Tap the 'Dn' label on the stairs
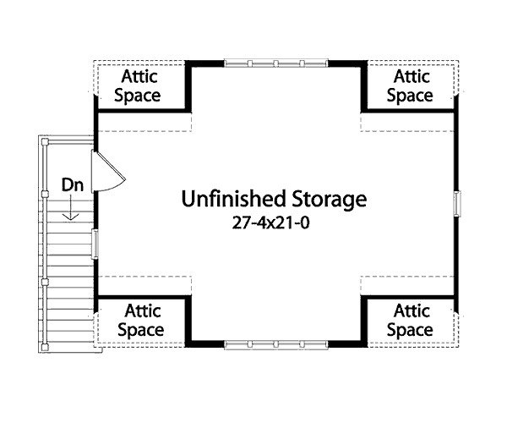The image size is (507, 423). [x=71, y=184]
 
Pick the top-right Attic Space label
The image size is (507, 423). [x=410, y=85]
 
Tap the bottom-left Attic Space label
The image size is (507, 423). [x=140, y=320]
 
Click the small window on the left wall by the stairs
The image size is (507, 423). [x=95, y=243]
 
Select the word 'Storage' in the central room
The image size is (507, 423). [x=324, y=200]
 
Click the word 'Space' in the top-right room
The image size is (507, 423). [x=410, y=96]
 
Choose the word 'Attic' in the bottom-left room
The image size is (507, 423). [x=140, y=310]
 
